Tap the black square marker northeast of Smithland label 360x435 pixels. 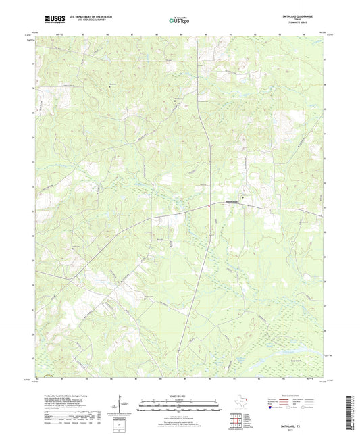click(x=243, y=197)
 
